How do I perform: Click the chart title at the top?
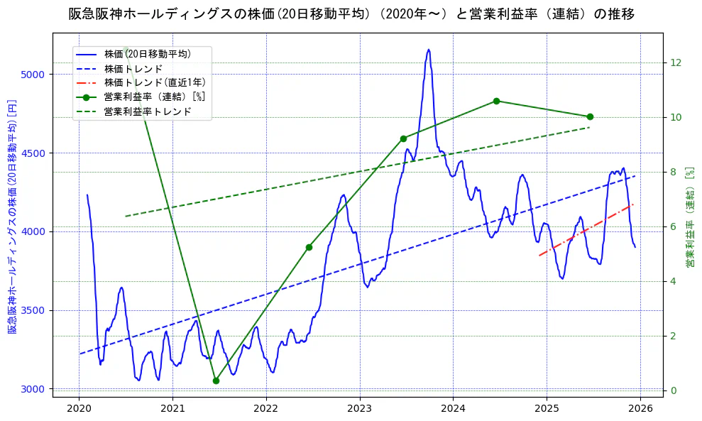point(351,14)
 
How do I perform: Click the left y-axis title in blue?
point(12,217)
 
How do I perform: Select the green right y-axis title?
point(689,217)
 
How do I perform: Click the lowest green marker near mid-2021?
point(216,381)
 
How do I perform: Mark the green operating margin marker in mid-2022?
point(309,247)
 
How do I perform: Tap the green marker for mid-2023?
point(403,138)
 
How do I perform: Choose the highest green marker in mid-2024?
point(496,101)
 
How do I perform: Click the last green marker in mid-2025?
point(590,116)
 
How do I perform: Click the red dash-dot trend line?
point(586,229)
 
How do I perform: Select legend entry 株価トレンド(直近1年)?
point(148,82)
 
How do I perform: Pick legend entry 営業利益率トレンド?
point(148,111)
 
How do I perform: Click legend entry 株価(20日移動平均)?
point(147,53)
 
